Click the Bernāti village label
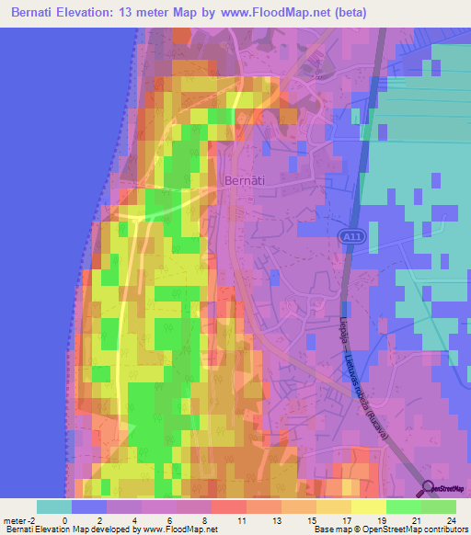[x=246, y=181]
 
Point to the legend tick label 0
[x=64, y=519]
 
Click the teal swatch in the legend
[x=53, y=507]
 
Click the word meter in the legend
[x=14, y=519]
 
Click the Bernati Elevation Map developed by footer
[x=64, y=529]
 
